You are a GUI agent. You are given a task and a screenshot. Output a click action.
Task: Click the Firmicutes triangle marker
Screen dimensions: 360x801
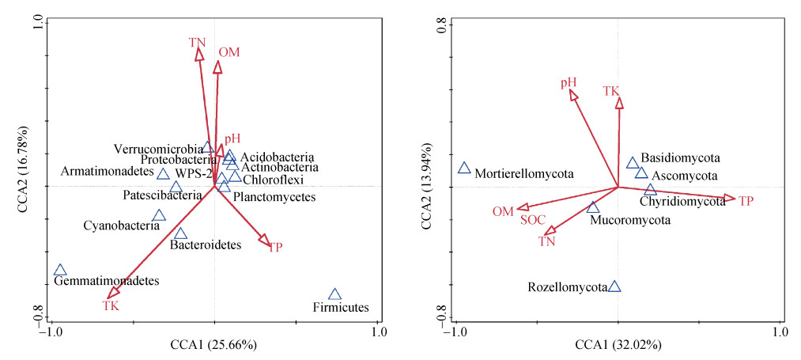[334, 294]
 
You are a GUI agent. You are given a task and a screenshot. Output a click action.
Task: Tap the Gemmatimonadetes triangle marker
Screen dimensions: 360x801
[60, 271]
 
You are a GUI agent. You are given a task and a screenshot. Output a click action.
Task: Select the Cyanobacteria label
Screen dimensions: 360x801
[117, 226]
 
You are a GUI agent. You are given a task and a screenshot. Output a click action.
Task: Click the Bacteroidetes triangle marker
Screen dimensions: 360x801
[180, 233]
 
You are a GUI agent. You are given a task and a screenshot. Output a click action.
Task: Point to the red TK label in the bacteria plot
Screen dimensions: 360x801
[111, 305]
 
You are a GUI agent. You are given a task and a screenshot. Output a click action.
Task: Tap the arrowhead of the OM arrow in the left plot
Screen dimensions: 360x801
[217, 67]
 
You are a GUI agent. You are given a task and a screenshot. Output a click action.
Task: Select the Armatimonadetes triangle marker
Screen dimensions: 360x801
[163, 175]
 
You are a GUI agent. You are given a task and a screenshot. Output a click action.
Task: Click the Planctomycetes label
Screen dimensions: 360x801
[274, 197]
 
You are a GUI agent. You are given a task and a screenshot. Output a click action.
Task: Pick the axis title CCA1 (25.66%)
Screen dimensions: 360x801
[213, 345]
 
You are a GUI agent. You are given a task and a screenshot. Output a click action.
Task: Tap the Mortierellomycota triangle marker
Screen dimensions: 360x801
[464, 168]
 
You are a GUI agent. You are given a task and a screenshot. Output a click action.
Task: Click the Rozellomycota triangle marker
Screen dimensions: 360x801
[614, 286]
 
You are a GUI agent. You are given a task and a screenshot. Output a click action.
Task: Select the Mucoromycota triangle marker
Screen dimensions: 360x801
[593, 207]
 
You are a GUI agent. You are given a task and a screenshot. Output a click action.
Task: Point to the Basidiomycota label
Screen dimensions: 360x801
[678, 158]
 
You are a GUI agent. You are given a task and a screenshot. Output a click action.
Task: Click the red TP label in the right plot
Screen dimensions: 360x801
[746, 201]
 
